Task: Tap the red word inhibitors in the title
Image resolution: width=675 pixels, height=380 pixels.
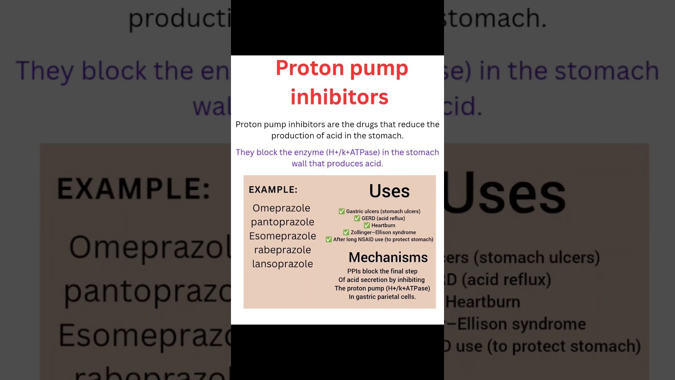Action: [339, 97]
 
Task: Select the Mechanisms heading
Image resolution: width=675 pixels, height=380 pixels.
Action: [388, 258]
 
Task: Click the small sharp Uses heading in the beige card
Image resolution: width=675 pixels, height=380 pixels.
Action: [389, 191]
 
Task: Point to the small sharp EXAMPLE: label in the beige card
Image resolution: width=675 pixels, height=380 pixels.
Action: [273, 189]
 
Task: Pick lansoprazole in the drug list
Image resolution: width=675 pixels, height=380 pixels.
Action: [282, 264]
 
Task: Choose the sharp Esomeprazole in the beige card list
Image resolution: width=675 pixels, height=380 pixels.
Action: [282, 236]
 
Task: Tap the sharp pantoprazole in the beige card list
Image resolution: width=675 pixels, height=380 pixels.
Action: [282, 222]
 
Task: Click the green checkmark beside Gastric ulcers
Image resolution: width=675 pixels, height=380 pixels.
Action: [341, 212]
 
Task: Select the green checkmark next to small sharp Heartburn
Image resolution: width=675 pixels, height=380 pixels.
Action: [367, 225]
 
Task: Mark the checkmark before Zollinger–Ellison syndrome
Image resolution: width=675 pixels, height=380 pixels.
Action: [346, 232]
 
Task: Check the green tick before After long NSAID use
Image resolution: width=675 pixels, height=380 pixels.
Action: [329, 240]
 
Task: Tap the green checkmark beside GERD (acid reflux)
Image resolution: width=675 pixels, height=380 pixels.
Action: [357, 218]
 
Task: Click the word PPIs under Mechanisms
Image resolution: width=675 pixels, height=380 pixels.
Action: [355, 271]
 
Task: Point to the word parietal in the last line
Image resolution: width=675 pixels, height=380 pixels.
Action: [391, 297]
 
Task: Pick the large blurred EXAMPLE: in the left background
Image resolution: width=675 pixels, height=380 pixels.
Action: [133, 189]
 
